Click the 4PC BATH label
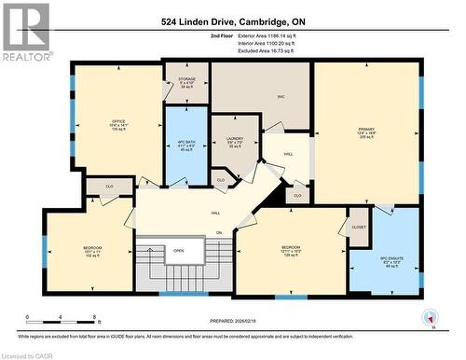pyautogui.click(x=186, y=144)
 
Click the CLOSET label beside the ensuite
pyautogui.click(x=359, y=225)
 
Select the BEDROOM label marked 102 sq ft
pyautogui.click(x=91, y=249)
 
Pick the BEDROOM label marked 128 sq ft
pyautogui.click(x=292, y=249)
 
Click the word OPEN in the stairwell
pyautogui.click(x=178, y=250)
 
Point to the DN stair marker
pyautogui.click(x=219, y=232)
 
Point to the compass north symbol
pyautogui.click(x=429, y=317)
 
